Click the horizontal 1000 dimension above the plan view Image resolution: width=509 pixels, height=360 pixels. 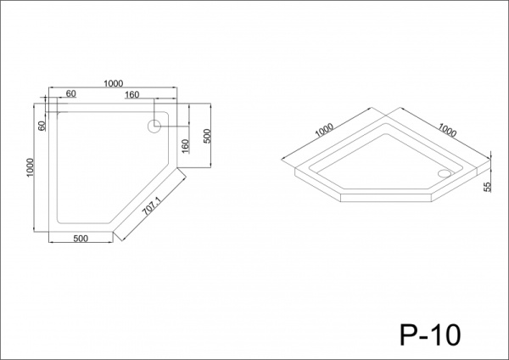coord(114,83)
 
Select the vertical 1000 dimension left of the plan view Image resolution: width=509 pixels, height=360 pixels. coord(30,167)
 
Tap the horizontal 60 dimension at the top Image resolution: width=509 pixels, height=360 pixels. coord(71,93)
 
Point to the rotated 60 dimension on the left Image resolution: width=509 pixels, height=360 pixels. coord(42,126)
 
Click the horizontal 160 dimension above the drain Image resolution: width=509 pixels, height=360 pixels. coord(131,94)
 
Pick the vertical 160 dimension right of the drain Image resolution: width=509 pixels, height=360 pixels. coord(185,146)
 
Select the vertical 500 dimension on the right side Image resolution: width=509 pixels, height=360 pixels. coord(207,136)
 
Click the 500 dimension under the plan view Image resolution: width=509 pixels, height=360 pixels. coord(81,239)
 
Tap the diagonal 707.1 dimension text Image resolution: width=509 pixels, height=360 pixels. coord(152,206)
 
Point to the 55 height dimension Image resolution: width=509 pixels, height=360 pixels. coord(487,187)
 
